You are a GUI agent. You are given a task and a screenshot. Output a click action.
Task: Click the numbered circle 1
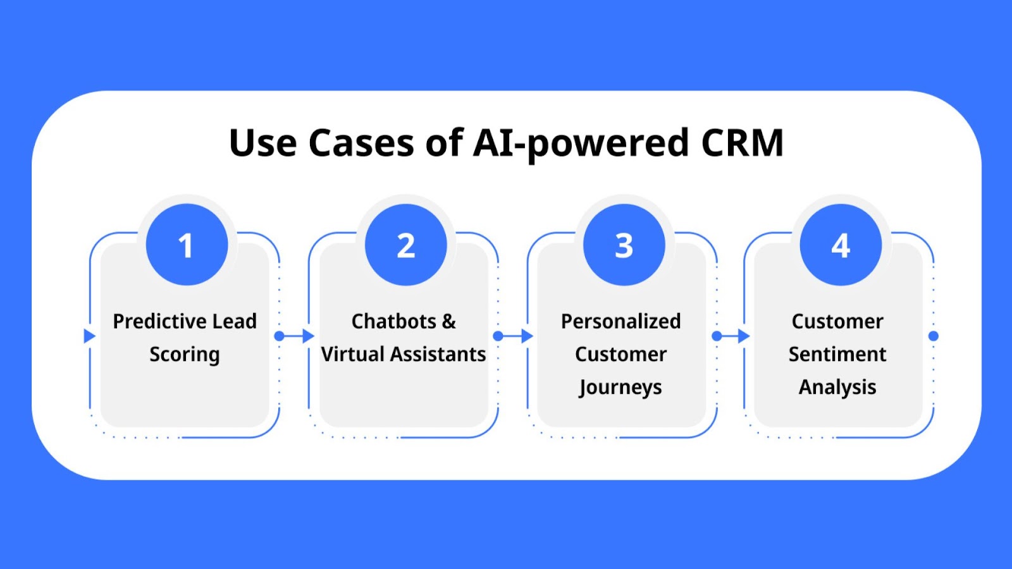[187, 244]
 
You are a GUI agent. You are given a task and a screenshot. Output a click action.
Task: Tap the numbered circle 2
[405, 244]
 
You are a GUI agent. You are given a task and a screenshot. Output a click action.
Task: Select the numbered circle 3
[624, 244]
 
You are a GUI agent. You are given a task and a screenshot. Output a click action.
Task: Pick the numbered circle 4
[841, 244]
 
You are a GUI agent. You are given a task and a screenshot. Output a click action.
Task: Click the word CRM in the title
[743, 143]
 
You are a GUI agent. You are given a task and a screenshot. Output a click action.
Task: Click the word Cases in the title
[361, 143]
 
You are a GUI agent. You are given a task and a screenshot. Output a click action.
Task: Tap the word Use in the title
[263, 143]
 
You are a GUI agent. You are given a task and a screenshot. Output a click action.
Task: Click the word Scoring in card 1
[185, 355]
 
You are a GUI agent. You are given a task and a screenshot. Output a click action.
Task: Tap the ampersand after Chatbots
[448, 322]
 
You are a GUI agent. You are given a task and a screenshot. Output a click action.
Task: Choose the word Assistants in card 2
[438, 355]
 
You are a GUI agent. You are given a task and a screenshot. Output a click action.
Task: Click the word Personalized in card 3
[620, 322]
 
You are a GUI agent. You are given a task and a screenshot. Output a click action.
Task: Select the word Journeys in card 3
[620, 388]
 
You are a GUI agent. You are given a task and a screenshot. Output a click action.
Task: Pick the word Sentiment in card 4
[837, 355]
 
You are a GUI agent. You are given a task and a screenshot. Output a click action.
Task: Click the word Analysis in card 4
[837, 388]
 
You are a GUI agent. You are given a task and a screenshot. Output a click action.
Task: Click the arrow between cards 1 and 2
[295, 336]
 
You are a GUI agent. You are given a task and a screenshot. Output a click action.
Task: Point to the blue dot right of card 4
[934, 336]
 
